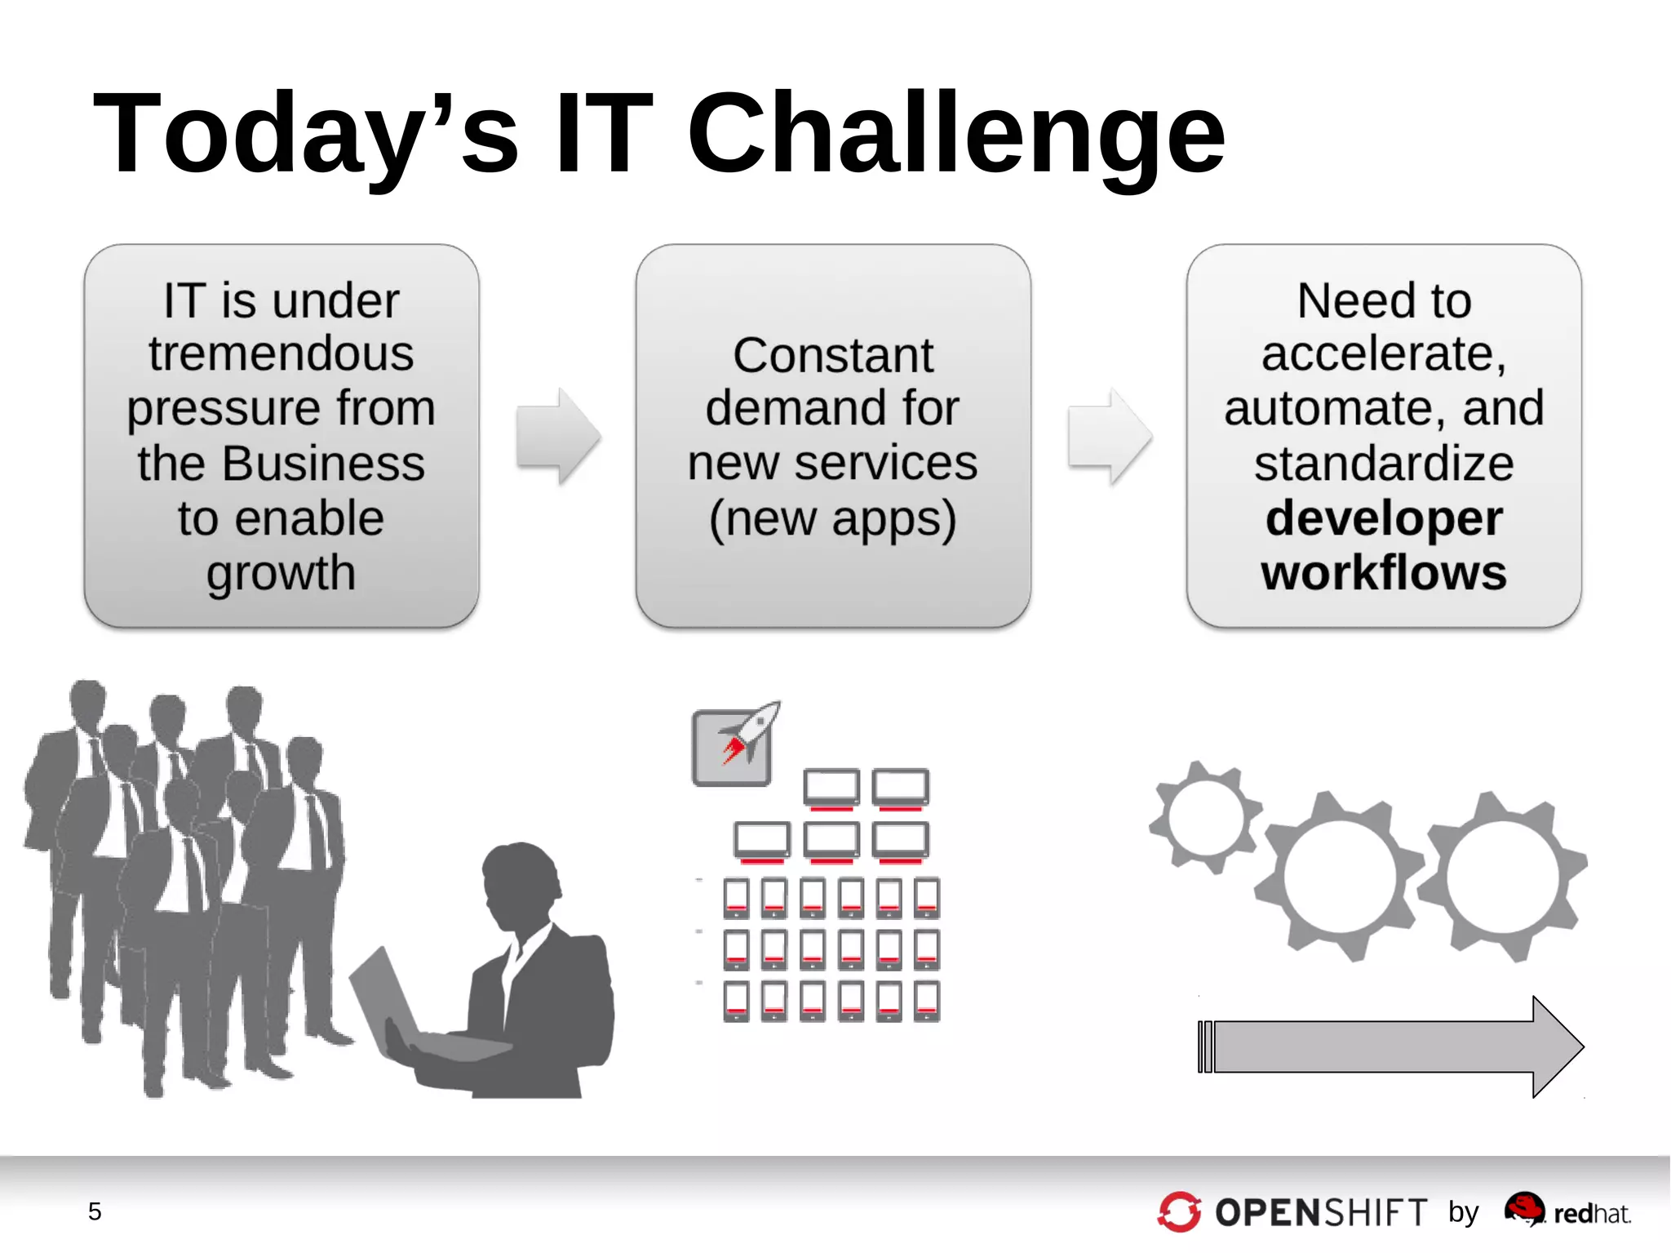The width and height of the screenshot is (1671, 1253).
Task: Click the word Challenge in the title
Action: tap(956, 135)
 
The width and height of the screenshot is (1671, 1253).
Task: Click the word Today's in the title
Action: tap(306, 135)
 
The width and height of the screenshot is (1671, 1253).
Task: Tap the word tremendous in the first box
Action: tap(281, 353)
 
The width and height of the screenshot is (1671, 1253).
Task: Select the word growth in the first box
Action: tap(281, 574)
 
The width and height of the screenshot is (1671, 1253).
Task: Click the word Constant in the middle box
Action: tap(832, 356)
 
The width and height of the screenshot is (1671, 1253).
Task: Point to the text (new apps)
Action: tap(832, 519)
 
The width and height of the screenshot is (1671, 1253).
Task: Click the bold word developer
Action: tap(1384, 519)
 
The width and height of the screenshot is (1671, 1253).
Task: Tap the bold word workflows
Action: tap(1384, 573)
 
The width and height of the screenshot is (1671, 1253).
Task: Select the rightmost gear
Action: tap(1503, 876)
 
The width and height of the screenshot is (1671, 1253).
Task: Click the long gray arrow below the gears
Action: tap(1387, 1046)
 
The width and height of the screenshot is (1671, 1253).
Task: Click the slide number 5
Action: tap(95, 1211)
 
